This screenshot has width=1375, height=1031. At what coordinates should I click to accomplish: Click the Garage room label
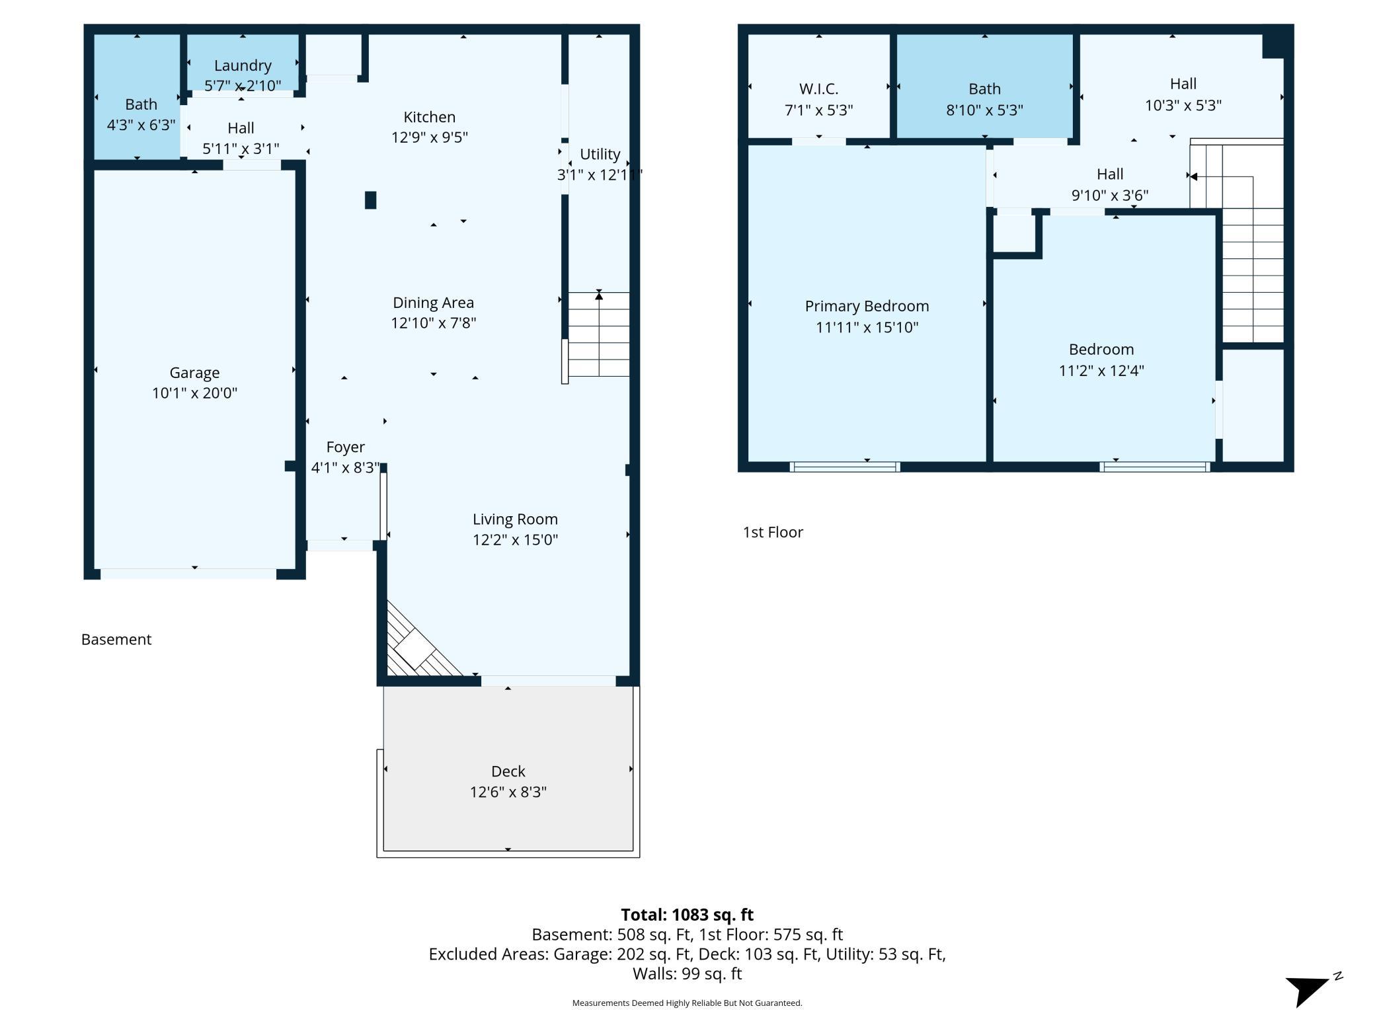(x=194, y=373)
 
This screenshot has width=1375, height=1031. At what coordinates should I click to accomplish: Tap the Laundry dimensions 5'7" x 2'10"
(x=243, y=85)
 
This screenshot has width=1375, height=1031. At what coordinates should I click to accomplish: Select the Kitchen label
(x=430, y=117)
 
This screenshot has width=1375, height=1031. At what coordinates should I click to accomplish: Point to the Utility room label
(x=600, y=154)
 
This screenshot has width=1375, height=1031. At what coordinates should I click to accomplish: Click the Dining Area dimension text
(x=434, y=323)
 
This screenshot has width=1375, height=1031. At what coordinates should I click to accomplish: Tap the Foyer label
(x=346, y=447)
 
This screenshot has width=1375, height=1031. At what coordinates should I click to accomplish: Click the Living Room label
(x=515, y=519)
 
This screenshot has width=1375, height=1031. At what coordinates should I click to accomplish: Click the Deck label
(x=508, y=771)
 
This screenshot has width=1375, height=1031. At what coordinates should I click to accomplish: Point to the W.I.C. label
(x=818, y=89)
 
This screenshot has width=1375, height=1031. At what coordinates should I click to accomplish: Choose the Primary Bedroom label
(x=867, y=306)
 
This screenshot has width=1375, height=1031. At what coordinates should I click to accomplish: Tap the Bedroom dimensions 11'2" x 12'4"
(x=1101, y=370)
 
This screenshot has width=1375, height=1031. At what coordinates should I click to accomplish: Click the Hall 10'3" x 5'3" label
(x=1183, y=95)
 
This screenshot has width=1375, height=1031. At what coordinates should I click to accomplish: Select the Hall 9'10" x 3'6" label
(x=1110, y=184)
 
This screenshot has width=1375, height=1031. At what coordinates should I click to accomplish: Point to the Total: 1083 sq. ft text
(x=687, y=915)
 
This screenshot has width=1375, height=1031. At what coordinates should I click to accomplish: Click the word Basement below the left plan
(x=116, y=639)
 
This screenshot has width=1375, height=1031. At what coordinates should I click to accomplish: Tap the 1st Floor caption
(x=773, y=532)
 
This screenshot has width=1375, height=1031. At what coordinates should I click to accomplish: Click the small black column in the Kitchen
(x=371, y=200)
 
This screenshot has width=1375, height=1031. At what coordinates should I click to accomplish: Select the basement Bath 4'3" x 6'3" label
(x=141, y=114)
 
